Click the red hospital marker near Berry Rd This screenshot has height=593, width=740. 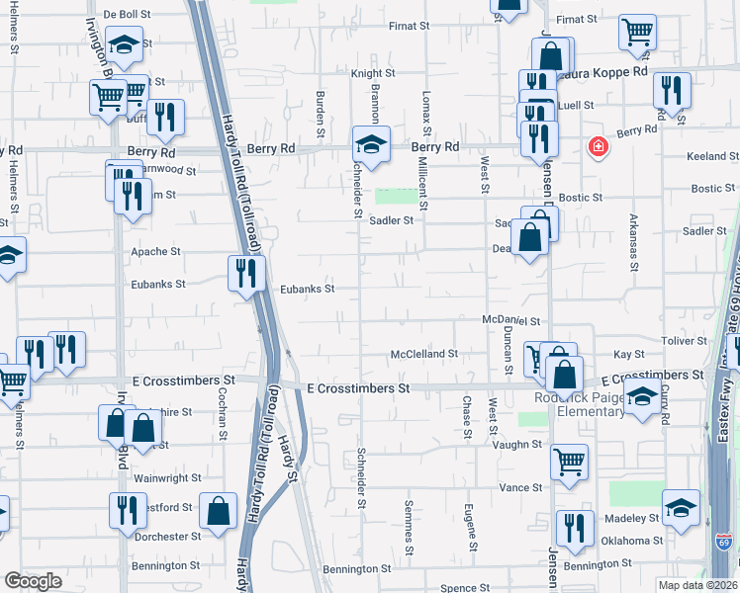pos(598,148)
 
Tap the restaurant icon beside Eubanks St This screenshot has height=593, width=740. pos(246,272)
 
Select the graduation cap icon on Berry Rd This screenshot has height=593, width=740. pos(371,143)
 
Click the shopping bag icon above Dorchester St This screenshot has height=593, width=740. pos(218,509)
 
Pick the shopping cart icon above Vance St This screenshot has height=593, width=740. pos(570,461)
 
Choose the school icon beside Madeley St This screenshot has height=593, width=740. pos(681,508)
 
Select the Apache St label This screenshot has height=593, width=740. pos(156,252)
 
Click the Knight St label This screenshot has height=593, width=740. pos(373,73)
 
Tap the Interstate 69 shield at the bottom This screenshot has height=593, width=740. pos(723,543)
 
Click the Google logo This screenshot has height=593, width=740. pos(34,580)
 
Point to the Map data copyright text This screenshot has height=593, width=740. pos(698,585)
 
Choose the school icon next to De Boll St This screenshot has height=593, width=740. pos(125,42)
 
